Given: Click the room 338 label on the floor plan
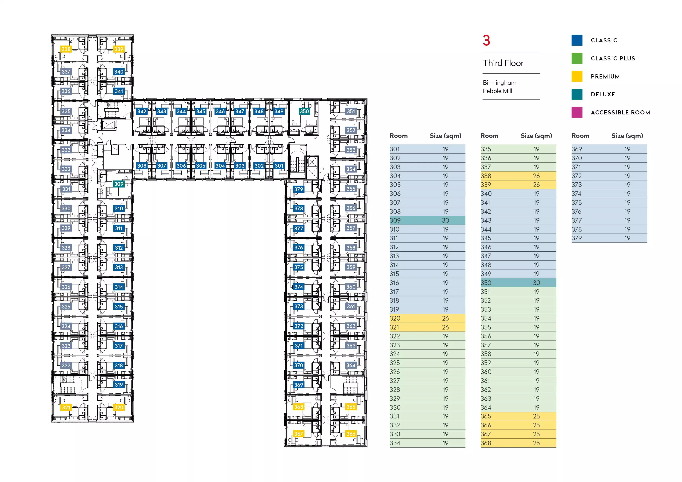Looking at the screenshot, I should coord(66,49).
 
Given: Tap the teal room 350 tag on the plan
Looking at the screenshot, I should coord(304,111).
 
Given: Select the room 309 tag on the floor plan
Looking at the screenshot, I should coord(119,184).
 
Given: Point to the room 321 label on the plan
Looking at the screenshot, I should coord(66,408).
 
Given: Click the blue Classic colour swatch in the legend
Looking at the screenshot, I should coord(577,40).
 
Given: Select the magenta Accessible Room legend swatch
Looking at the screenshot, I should coord(577,112).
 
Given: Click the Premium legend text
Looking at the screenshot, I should coord(605,77).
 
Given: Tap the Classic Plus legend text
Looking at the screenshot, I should coord(613,58).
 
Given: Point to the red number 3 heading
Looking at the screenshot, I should coord(486,41).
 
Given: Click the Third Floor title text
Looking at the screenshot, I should coord(503,63).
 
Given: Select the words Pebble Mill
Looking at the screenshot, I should coord(497,91).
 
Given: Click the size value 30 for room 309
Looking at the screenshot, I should coord(445,221).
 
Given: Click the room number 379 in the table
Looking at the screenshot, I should coord(577,238).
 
